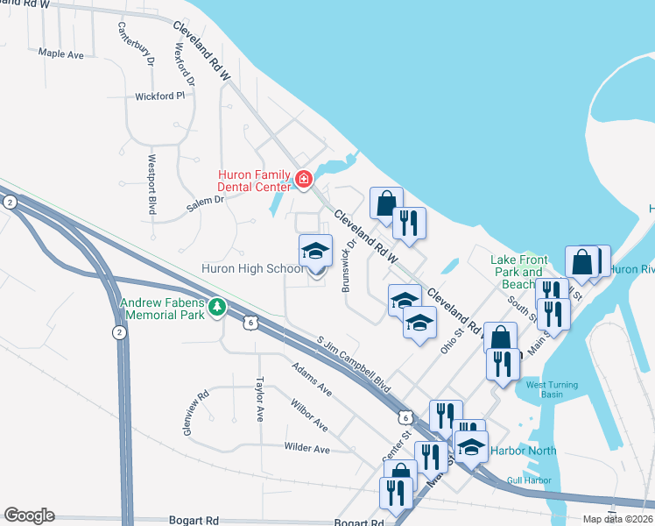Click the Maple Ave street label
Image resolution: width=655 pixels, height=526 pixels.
pyautogui.click(x=61, y=53)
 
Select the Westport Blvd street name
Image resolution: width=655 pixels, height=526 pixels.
pyautogui.click(x=151, y=185)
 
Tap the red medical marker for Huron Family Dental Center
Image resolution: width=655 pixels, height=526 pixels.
pyautogui.click(x=303, y=180)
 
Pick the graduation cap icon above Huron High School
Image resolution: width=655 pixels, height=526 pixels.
pyautogui.click(x=315, y=252)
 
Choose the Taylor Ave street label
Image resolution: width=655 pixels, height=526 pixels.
pyautogui.click(x=259, y=400)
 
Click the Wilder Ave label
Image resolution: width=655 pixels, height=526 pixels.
pyautogui.click(x=307, y=448)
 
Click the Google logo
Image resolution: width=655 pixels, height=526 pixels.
pyautogui.click(x=29, y=515)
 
